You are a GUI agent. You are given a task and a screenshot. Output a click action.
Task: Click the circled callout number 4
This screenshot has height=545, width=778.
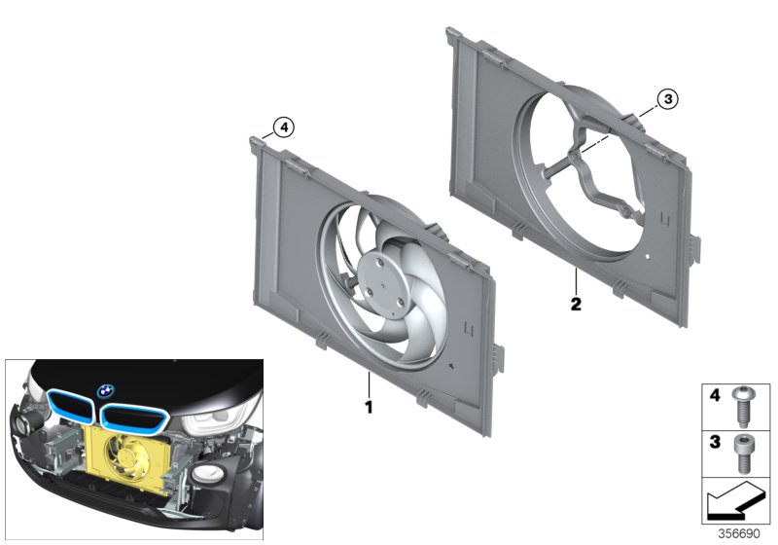click(x=282, y=127)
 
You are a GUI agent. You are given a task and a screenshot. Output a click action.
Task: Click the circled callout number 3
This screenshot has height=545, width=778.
click(x=666, y=98)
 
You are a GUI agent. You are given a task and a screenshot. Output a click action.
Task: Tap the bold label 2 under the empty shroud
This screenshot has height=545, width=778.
click(x=576, y=305)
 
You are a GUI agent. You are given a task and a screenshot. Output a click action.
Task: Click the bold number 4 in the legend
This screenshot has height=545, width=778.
click(x=715, y=397)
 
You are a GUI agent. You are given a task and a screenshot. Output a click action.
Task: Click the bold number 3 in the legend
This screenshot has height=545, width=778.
click(x=715, y=444)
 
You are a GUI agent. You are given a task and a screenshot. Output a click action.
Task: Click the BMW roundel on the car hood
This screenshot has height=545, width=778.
click(x=105, y=391)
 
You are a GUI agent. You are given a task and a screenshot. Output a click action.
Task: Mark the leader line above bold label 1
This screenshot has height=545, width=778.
click(x=370, y=383)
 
